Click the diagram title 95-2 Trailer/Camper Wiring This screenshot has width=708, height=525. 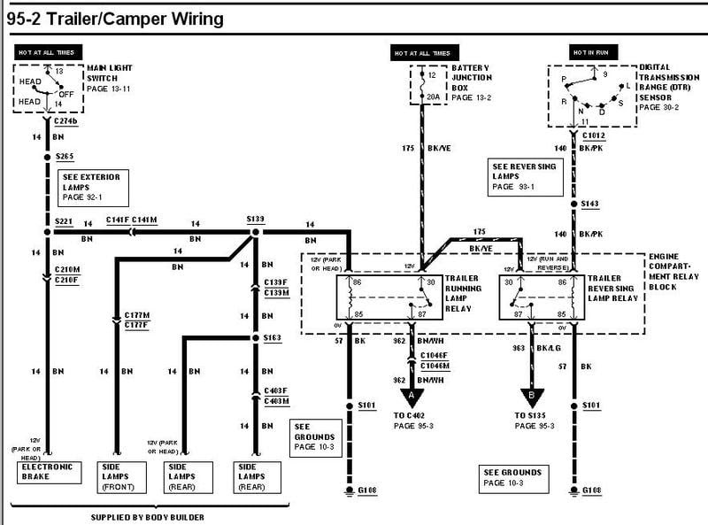[x=112, y=17]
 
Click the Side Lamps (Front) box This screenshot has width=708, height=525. [x=118, y=476]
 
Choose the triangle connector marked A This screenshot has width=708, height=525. [x=412, y=397]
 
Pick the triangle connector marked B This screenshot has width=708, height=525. [x=532, y=397]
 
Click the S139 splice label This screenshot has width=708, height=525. [x=255, y=219]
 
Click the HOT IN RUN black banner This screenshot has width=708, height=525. [x=583, y=53]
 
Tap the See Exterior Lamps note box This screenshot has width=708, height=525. [x=91, y=184]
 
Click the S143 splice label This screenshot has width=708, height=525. [x=589, y=204]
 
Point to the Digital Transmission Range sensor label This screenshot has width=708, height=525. [x=666, y=86]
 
